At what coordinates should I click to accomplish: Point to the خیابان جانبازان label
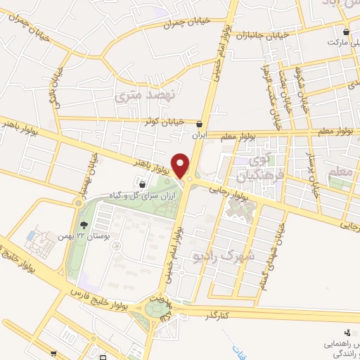coord(262,34)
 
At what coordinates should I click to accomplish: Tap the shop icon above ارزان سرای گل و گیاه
coord(143,184)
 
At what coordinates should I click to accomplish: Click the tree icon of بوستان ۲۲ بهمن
coord(85,225)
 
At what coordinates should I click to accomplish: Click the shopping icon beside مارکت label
coord(346,32)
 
